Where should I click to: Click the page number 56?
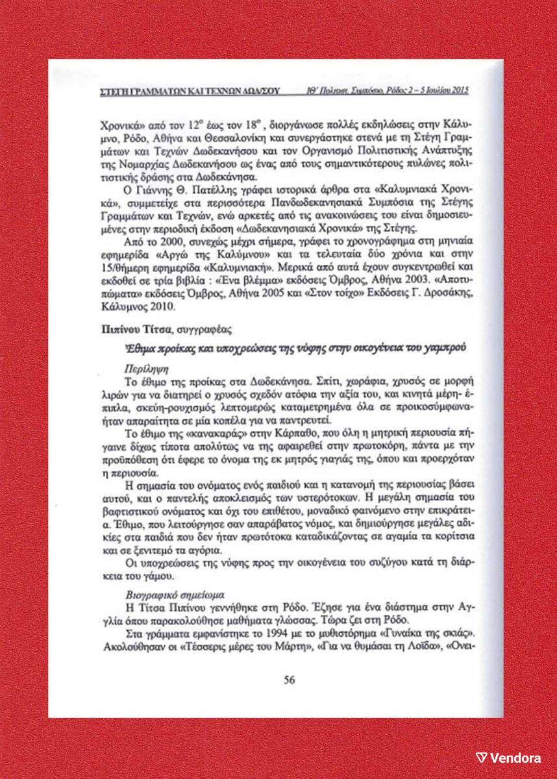tap(290, 680)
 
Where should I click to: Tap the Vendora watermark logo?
tap(509, 758)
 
